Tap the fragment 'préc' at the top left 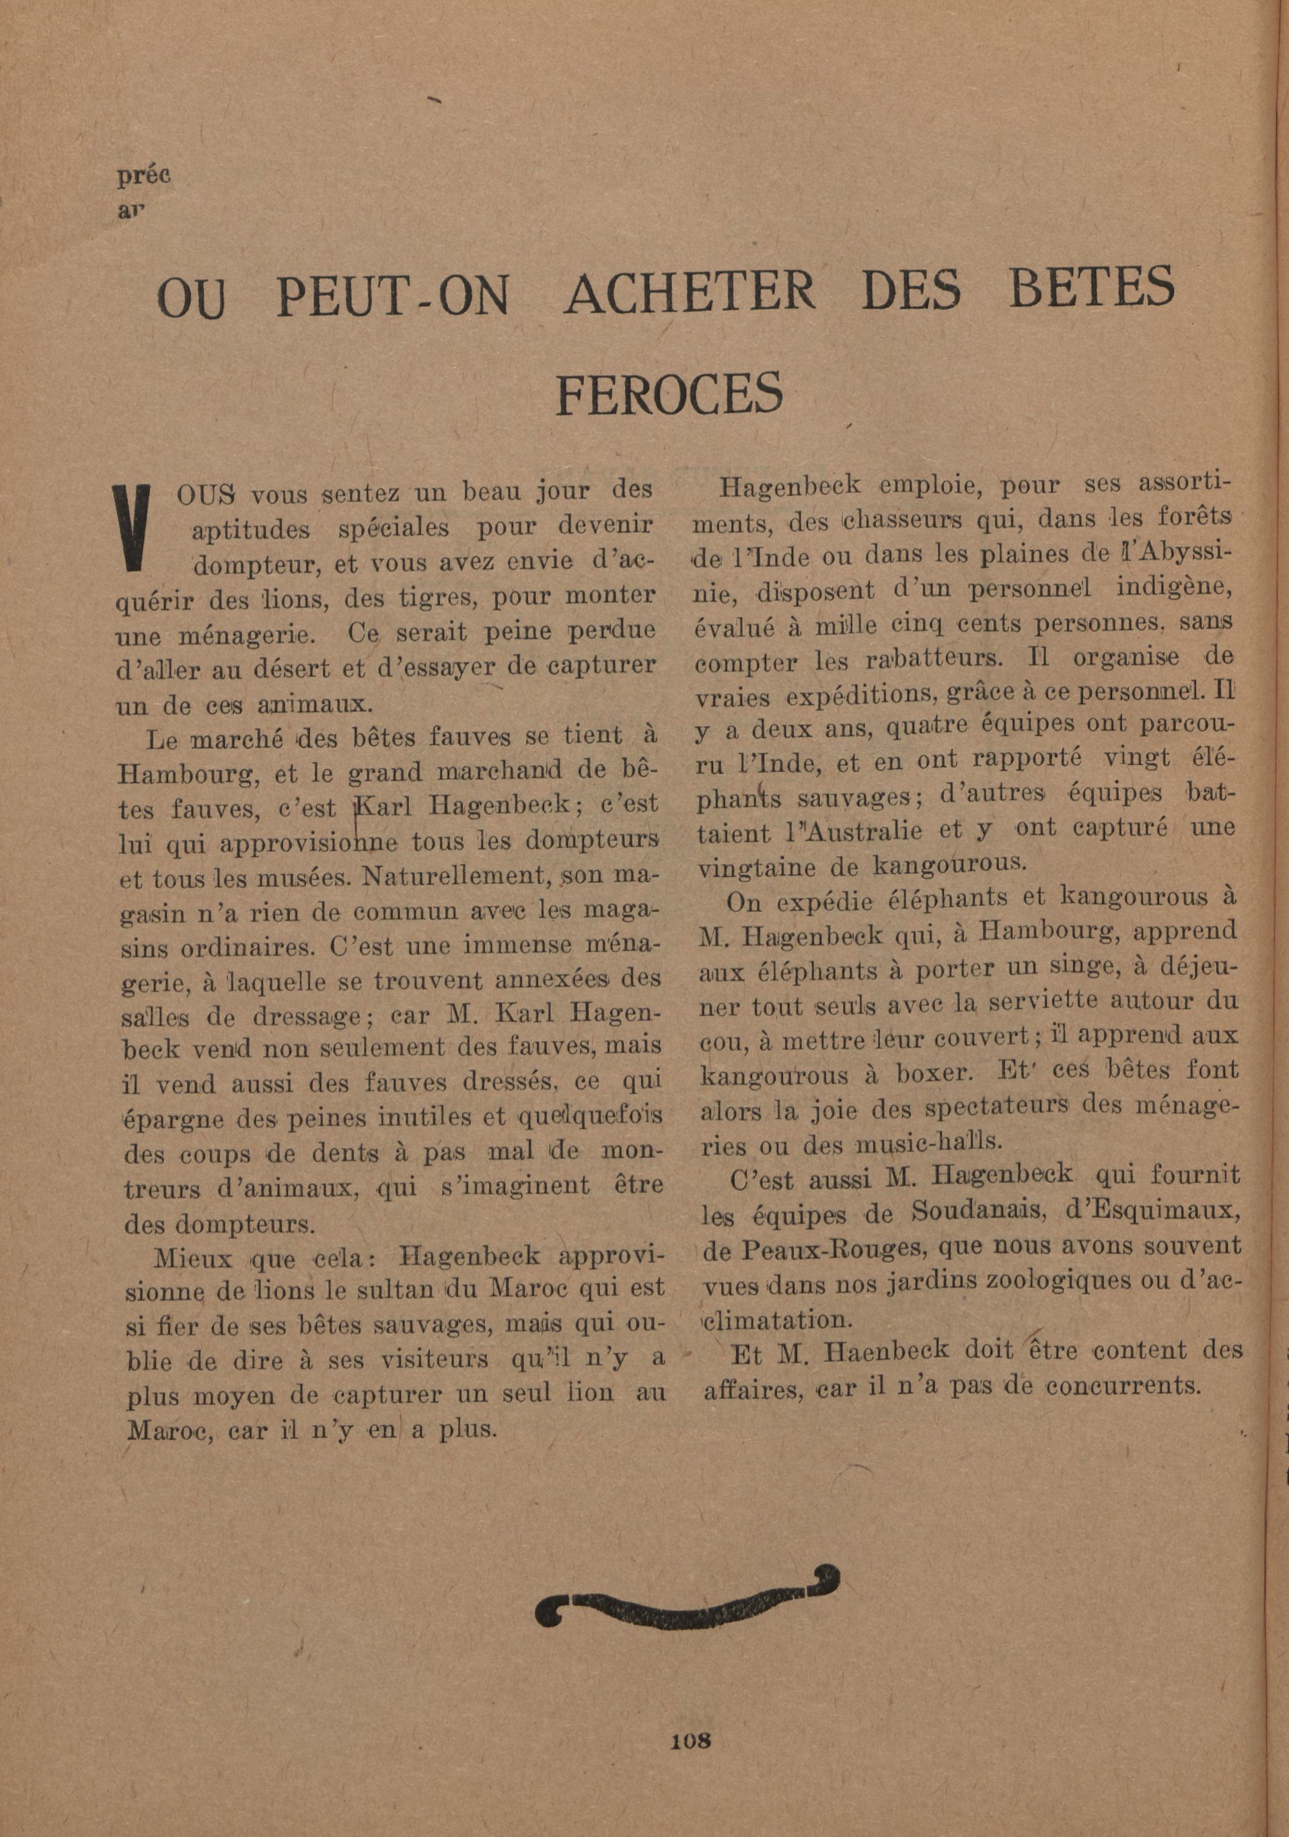(144, 176)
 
